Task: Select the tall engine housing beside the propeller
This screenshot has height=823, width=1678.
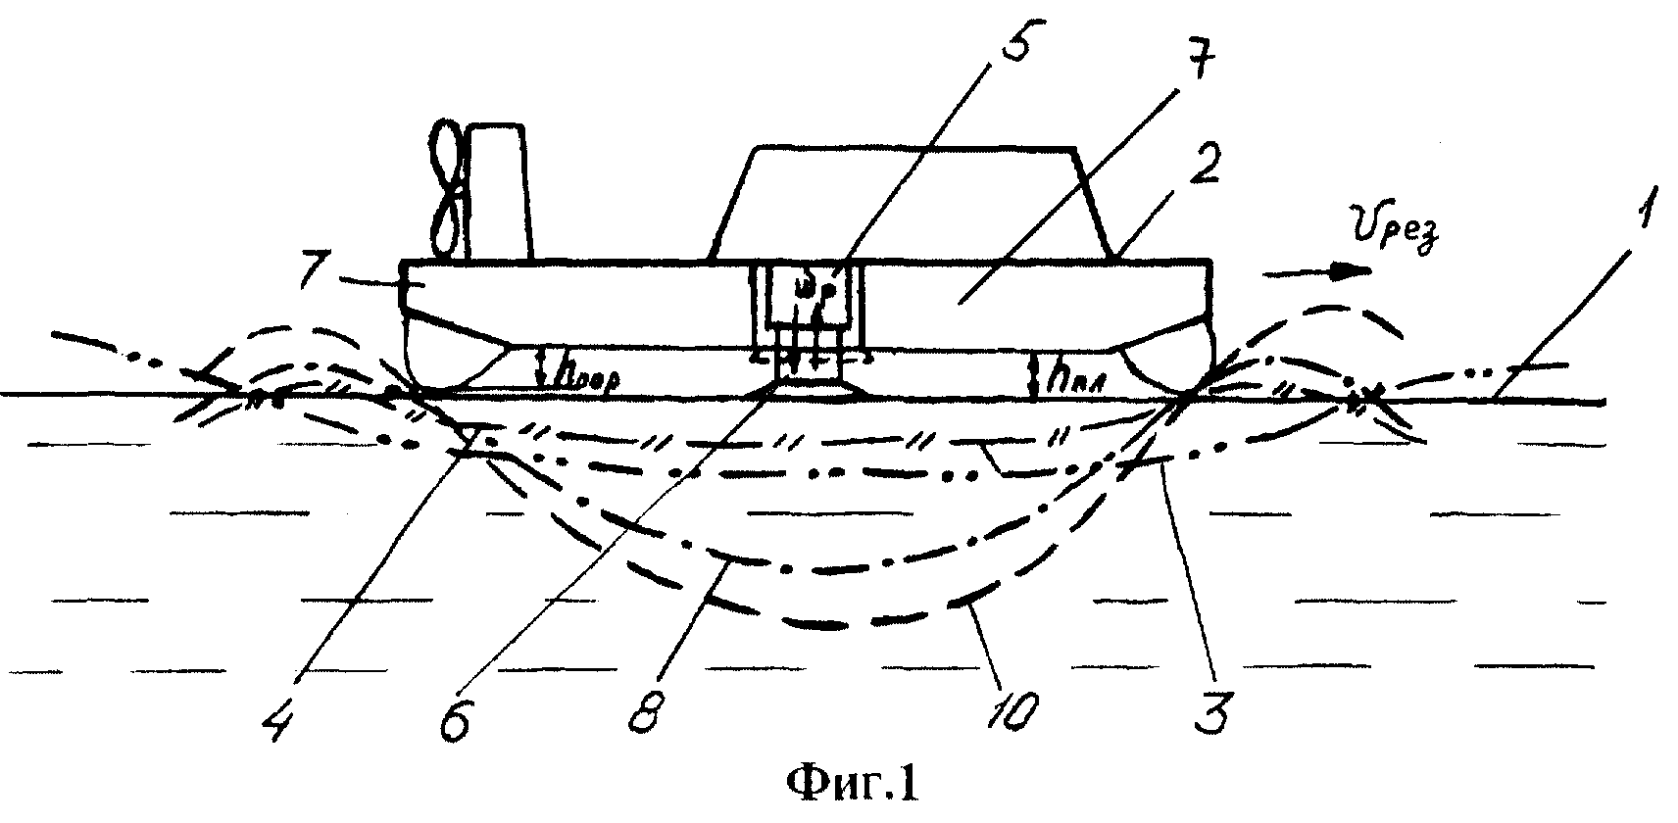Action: coord(499,193)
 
